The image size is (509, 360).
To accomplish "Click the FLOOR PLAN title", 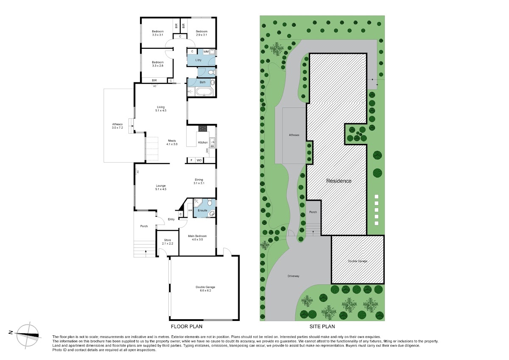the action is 187,326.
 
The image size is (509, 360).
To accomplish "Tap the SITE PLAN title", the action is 322,326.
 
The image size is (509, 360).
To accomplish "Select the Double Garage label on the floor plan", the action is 205,289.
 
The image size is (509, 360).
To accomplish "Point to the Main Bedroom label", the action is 197,238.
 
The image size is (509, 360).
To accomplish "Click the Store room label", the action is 168,242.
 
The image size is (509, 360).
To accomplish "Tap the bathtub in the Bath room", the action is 204,93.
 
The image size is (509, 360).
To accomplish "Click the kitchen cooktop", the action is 203,129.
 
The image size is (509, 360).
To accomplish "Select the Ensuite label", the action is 202,211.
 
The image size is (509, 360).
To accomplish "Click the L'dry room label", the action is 199,60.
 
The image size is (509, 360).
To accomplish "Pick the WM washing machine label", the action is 206,52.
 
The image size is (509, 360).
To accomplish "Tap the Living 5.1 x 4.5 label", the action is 161,109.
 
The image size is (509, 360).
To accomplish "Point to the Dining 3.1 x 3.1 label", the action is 199,181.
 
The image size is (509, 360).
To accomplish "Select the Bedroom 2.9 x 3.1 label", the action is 201,33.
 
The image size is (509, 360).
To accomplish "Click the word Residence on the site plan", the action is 339,181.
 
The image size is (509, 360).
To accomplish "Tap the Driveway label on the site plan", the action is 294,276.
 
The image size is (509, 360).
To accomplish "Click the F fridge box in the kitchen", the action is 191,160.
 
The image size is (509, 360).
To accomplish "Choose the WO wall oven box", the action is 199,160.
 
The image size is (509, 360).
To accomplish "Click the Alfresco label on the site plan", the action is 294,135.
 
